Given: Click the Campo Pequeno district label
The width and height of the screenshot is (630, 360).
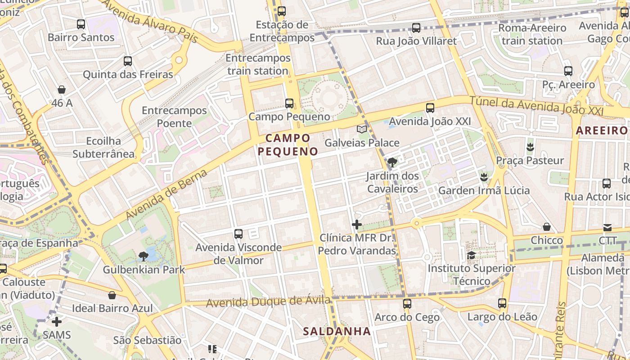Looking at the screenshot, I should pyautogui.click(x=288, y=144).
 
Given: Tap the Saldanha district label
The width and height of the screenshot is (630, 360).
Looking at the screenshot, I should pyautogui.click(x=337, y=332).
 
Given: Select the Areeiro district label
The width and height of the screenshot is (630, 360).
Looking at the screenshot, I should pyautogui.click(x=602, y=131).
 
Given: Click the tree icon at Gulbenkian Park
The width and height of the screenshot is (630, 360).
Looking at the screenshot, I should pyautogui.click(x=144, y=256).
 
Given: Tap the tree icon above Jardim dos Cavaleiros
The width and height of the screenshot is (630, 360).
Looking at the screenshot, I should pyautogui.click(x=392, y=162).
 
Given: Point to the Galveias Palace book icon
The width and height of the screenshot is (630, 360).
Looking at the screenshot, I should pyautogui.click(x=361, y=130).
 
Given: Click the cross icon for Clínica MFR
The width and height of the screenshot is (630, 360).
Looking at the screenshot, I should pyautogui.click(x=357, y=224).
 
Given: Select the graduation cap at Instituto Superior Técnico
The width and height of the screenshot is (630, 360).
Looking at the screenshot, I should pyautogui.click(x=471, y=256).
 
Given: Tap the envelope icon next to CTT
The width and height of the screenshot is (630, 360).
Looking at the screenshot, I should pyautogui.click(x=607, y=228).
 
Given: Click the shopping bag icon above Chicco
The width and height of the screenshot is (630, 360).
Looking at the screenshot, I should pyautogui.click(x=547, y=227).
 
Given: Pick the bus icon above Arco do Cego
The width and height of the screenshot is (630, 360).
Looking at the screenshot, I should pyautogui.click(x=407, y=304).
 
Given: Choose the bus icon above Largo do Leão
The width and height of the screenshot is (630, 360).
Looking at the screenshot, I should pyautogui.click(x=502, y=303).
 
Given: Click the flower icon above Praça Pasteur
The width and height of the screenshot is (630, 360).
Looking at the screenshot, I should pyautogui.click(x=530, y=147).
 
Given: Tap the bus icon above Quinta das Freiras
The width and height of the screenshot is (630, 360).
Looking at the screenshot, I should pyautogui.click(x=128, y=61).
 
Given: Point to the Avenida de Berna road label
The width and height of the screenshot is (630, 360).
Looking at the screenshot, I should pyautogui.click(x=166, y=194).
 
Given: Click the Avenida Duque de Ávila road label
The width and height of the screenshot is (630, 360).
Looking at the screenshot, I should pyautogui.click(x=268, y=301).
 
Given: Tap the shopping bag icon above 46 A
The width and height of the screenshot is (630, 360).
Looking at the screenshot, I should pyautogui.click(x=62, y=90).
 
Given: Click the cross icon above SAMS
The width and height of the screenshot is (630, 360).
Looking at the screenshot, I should pyautogui.click(x=57, y=322).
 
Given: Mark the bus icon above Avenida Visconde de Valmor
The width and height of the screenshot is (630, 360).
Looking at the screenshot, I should pyautogui.click(x=238, y=234).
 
